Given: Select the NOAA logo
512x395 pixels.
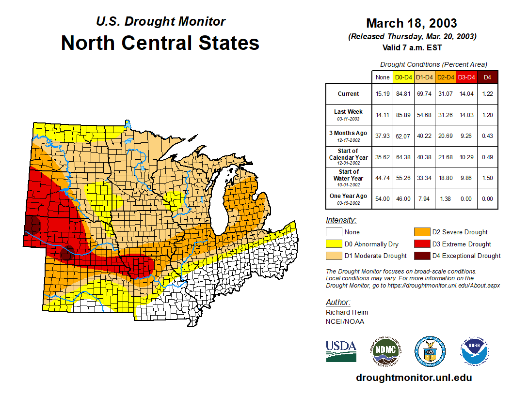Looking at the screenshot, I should pyautogui.click(x=475, y=351).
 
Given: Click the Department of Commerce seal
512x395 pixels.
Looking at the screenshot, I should pyautogui.click(x=430, y=351).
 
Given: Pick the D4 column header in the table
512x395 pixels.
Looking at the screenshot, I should pyautogui.click(x=488, y=77).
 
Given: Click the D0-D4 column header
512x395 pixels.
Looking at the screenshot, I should pyautogui.click(x=403, y=77).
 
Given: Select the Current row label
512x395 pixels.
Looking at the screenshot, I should pyautogui.click(x=349, y=94).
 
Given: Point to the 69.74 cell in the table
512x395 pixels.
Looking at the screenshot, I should pyautogui.click(x=424, y=94).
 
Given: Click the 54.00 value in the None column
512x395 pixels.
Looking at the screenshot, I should pyautogui.click(x=382, y=198).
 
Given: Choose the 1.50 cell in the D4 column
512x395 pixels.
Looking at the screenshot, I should pyautogui.click(x=488, y=178).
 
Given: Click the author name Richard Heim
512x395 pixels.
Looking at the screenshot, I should pyautogui.click(x=347, y=312).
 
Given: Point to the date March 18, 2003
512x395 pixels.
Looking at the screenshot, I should pyautogui.click(x=412, y=23).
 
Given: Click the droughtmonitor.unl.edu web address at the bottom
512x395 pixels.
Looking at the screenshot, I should pyautogui.click(x=414, y=378).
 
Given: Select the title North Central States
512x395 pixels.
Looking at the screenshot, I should pyautogui.click(x=160, y=43).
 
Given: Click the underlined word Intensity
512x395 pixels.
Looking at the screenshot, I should pyautogui.click(x=341, y=220).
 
